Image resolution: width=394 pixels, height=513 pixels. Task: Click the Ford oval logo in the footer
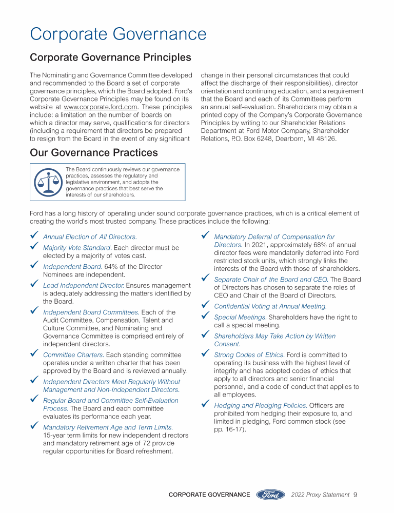pos(270,495)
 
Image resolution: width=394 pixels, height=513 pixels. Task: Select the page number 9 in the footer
pos(355,495)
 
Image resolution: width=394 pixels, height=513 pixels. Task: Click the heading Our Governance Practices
pos(94,152)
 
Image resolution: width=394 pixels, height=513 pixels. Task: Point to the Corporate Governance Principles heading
pos(110,57)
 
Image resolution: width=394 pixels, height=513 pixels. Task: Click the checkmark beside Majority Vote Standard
pos(34,247)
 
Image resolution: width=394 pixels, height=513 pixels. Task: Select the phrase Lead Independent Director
pos(83,285)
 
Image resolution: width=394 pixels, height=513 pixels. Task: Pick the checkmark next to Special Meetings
pos(205,317)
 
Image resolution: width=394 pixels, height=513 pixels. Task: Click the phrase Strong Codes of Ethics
pos(249,354)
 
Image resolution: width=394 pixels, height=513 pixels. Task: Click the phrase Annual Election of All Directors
pos(90,237)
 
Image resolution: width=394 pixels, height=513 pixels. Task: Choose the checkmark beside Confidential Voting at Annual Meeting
pos(205,305)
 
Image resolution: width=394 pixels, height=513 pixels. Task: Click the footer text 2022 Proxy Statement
pos(320,495)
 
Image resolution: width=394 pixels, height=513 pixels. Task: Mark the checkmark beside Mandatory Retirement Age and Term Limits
pos(34,426)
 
